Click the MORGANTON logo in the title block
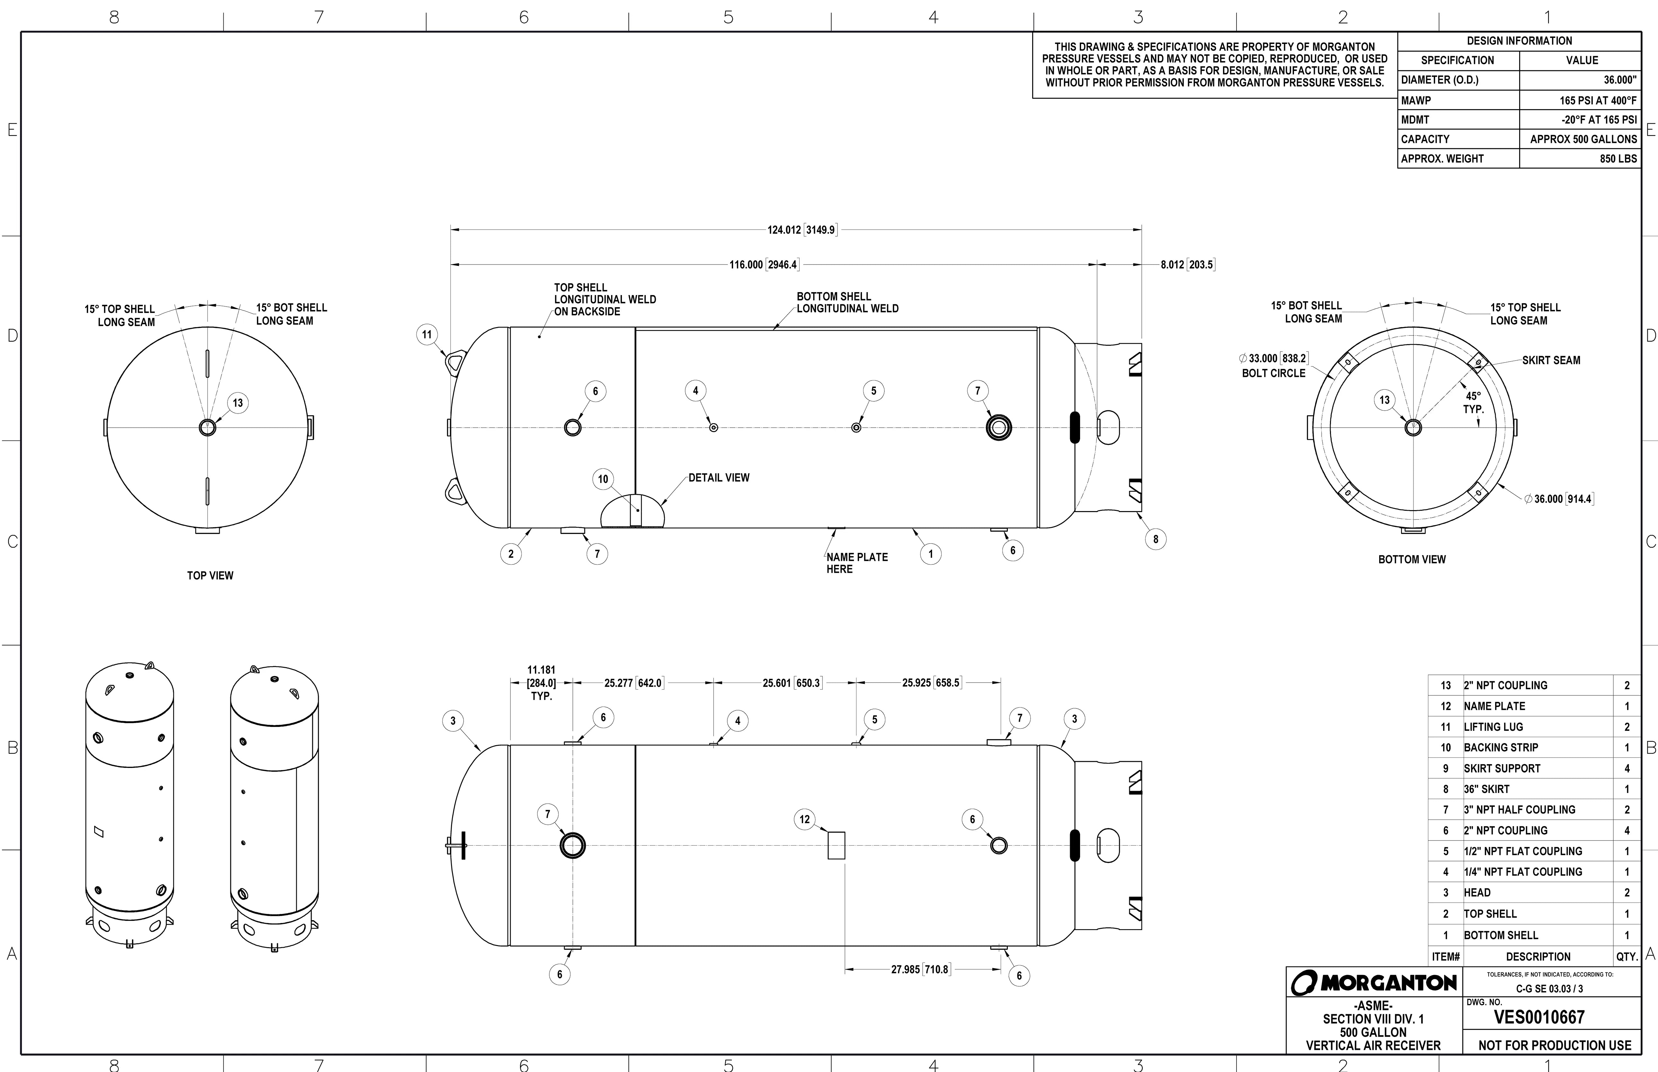pyautogui.click(x=1374, y=982)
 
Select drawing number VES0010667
pyautogui.click(x=1539, y=1017)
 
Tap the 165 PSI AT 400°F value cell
pyautogui.click(x=1597, y=100)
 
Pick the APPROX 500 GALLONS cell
pyautogui.click(x=1583, y=139)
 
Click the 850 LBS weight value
pyautogui.click(x=1618, y=159)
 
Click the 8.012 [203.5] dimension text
pyautogui.click(x=1187, y=265)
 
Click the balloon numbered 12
pyautogui.click(x=804, y=819)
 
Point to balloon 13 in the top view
pyautogui.click(x=237, y=403)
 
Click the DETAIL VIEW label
pyautogui.click(x=719, y=477)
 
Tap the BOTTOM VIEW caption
pyautogui.click(x=1412, y=560)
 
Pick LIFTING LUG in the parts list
pyautogui.click(x=1493, y=727)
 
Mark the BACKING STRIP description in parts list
pyautogui.click(x=1501, y=748)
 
